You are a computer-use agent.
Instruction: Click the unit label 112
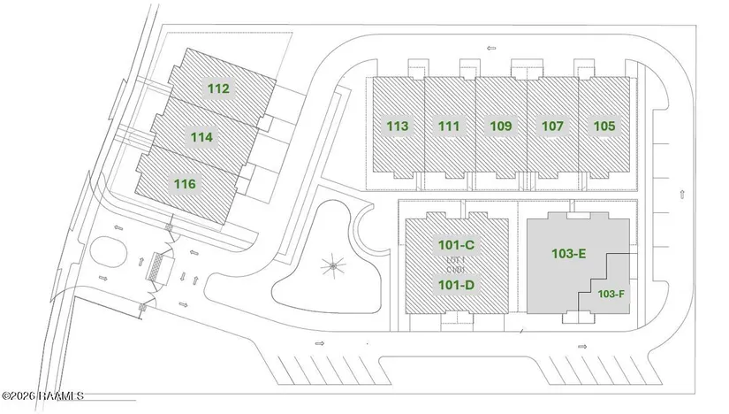point(218,88)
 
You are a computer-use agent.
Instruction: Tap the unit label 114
point(201,137)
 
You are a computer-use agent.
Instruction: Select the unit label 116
point(185,184)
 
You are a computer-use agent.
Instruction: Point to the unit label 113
point(398,126)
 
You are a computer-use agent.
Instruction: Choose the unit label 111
point(449,126)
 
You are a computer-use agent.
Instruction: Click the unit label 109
point(501,126)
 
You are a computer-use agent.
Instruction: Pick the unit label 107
point(552,126)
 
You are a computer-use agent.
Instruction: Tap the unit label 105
point(604,126)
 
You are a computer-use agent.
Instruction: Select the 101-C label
point(457,244)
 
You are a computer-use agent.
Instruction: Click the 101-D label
point(457,285)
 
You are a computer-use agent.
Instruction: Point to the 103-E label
point(569,254)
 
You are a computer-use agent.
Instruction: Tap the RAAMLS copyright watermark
point(42,395)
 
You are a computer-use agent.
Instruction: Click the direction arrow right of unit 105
point(681,193)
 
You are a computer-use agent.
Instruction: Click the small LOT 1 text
point(456,259)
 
